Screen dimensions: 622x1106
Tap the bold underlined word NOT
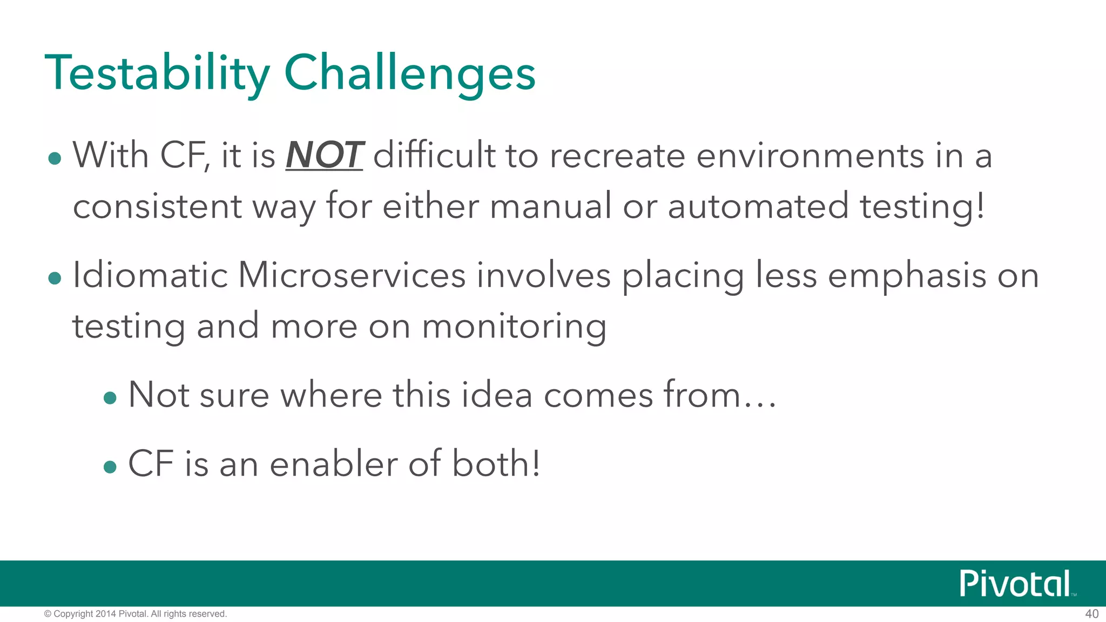[324, 155]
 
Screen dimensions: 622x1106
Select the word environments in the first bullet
[810, 156]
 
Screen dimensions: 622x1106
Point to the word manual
[550, 206]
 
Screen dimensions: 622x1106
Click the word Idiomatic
[150, 275]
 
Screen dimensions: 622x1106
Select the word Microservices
[352, 275]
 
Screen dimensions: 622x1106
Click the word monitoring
[514, 327]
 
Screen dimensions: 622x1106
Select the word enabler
[333, 464]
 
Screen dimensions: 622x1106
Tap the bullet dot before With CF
[55, 159]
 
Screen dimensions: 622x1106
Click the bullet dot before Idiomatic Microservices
[55, 279]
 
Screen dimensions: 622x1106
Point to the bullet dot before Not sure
[110, 398]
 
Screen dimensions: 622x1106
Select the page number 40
[1091, 614]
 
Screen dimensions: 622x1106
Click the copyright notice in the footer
[135, 614]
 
